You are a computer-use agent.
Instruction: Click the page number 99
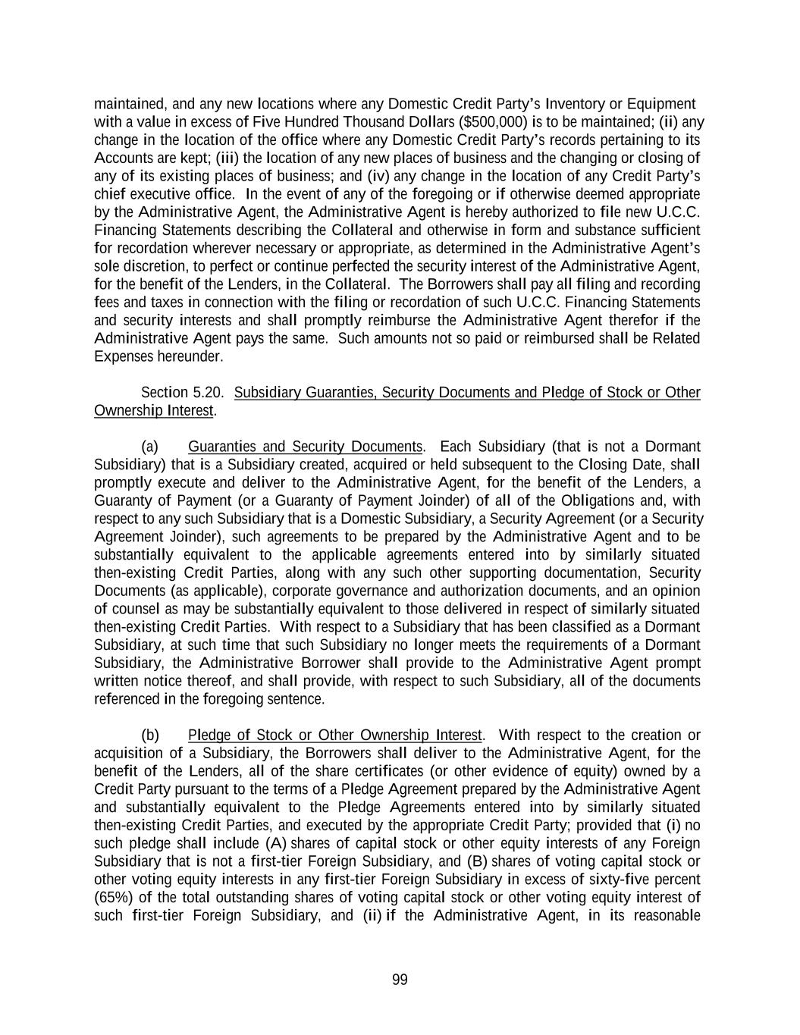point(400,980)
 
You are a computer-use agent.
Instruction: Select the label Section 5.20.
point(183,392)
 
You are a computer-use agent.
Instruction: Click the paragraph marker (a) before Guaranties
point(149,447)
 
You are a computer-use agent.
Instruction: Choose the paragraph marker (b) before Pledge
point(149,735)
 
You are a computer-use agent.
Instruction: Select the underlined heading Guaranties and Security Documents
point(305,447)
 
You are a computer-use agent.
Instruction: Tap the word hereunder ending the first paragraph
point(195,356)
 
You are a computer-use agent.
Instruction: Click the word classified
point(581,627)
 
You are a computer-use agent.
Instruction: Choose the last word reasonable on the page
point(664,916)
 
